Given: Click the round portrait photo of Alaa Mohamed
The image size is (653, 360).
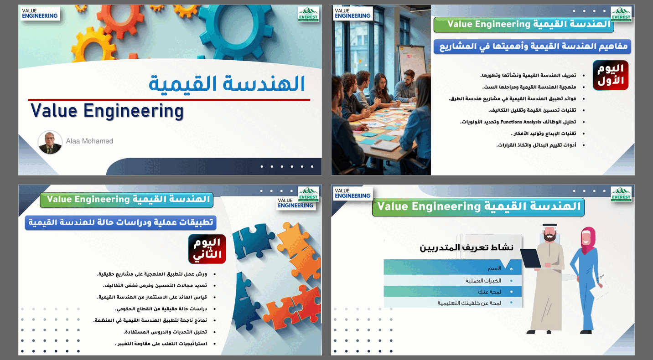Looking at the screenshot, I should [x=50, y=143].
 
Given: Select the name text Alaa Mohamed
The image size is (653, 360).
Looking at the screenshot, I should [x=89, y=141].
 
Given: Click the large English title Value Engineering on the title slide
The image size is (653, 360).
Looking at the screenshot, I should [x=107, y=111].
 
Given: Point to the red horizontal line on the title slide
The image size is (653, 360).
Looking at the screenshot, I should [x=169, y=99].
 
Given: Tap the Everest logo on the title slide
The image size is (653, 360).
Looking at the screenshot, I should [x=308, y=14].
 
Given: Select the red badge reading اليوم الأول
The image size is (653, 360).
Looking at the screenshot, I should [x=611, y=75].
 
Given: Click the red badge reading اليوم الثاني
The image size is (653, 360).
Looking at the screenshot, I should [x=207, y=249].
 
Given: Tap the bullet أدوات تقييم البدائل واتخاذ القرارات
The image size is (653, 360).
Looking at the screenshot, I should [x=536, y=145].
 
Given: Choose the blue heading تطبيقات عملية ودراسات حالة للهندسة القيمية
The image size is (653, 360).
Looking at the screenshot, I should [x=120, y=223].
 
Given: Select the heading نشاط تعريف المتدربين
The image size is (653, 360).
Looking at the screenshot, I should [x=466, y=248].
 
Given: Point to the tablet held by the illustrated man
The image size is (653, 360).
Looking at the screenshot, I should [x=530, y=258].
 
